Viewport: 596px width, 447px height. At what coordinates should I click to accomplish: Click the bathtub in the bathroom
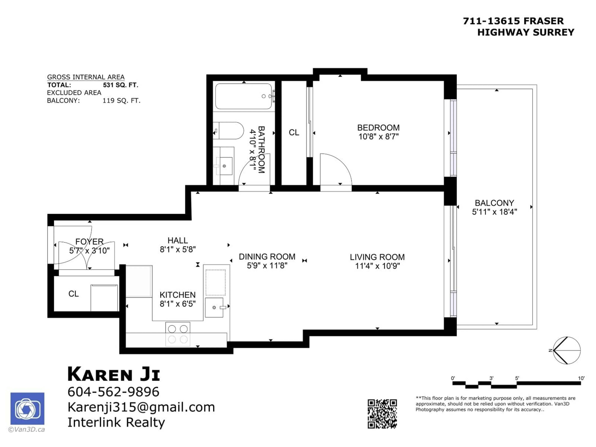(x=243, y=96)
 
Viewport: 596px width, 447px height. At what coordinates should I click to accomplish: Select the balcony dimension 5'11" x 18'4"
(x=494, y=212)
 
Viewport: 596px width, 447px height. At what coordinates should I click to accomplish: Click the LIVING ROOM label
(x=377, y=257)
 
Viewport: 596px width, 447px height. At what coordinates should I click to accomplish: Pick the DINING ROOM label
(x=267, y=257)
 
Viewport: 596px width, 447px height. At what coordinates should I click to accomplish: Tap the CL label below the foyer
(x=74, y=294)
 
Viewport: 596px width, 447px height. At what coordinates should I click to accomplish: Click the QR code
(x=382, y=414)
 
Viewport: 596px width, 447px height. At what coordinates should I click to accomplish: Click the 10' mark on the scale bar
(x=581, y=378)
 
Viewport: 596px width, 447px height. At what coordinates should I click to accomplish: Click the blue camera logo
(x=27, y=409)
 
